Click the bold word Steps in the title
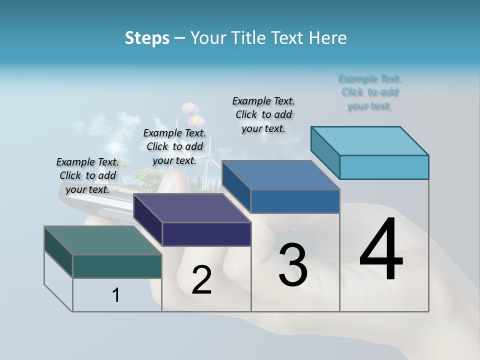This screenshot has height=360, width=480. click(147, 38)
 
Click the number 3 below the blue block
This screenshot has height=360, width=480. click(293, 265)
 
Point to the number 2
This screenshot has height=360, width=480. click(201, 280)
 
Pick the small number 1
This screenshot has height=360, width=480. click(116, 295)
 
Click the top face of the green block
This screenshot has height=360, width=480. click(102, 240)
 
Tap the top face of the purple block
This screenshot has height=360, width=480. click(192, 207)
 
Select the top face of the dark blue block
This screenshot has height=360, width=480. click(280, 175)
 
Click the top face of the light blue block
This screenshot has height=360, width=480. click(369, 140)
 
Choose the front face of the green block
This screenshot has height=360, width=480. click(117, 266)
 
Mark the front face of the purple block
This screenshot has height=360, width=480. click(206, 234)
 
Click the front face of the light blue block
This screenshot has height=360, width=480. click(384, 167)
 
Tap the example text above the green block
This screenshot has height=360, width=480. click(87, 175)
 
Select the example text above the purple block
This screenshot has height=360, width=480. click(174, 146)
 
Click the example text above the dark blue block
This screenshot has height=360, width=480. click(263, 114)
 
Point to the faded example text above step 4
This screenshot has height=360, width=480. click(369, 92)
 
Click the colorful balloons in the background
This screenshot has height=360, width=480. click(193, 113)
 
